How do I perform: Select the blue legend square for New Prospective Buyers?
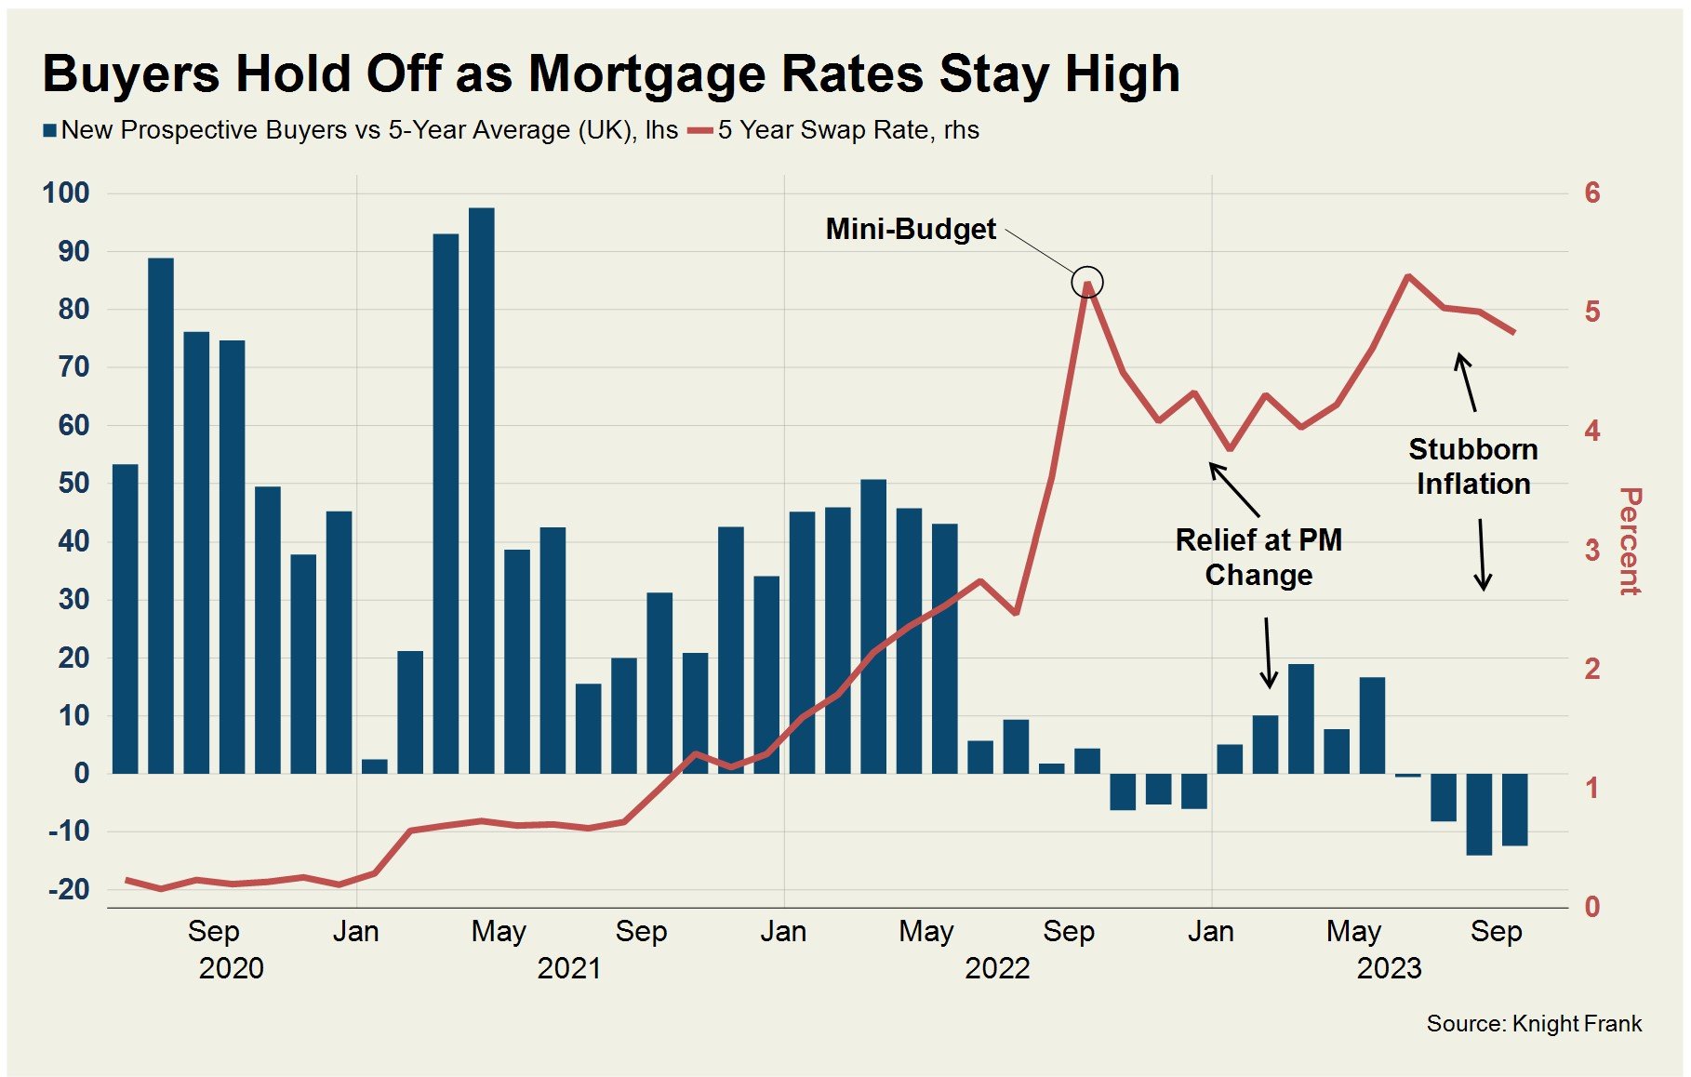tap(50, 131)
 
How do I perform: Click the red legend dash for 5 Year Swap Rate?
tap(699, 131)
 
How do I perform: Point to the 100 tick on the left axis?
tap(66, 193)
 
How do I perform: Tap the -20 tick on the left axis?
tap(69, 889)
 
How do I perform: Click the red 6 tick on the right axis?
tap(1592, 193)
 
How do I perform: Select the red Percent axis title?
tap(1630, 540)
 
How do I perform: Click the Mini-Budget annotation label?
tap(911, 229)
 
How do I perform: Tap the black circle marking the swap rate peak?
tap(1086, 281)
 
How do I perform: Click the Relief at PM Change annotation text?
tap(1258, 557)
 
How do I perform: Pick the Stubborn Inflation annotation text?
tap(1473, 467)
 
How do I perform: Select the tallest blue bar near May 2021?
tap(482, 490)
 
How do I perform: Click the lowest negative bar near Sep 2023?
tap(1479, 814)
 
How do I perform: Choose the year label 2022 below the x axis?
tap(997, 968)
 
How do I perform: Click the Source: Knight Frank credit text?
tap(1534, 1024)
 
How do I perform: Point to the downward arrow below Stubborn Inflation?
tap(1482, 555)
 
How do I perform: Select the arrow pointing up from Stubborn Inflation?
tap(1466, 381)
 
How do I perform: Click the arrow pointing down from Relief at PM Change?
tap(1268, 653)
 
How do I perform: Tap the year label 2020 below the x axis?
tap(231, 968)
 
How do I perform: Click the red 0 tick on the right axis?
tap(1592, 907)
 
